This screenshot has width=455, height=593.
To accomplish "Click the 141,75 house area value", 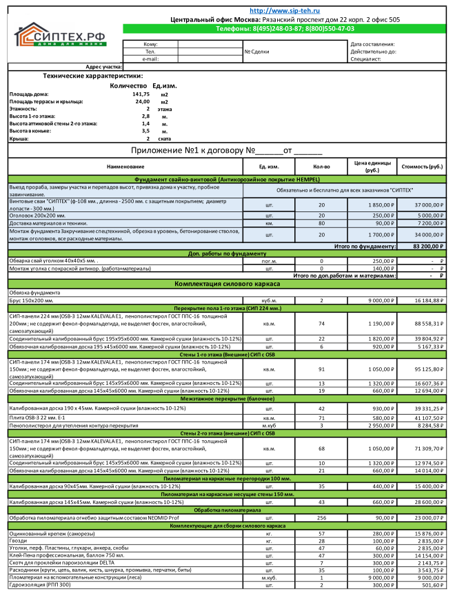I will (141, 94).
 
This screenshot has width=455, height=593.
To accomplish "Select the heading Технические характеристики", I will (92, 76).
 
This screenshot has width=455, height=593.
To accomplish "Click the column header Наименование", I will (126, 167).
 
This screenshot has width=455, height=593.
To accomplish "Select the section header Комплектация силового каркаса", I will (227, 284).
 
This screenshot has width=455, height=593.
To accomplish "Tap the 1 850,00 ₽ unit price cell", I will (373, 205).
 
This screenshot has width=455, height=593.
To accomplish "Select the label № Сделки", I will (257, 52).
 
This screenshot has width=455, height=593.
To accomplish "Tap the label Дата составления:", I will (372, 44).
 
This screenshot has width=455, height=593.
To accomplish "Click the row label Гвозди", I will (19, 541).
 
